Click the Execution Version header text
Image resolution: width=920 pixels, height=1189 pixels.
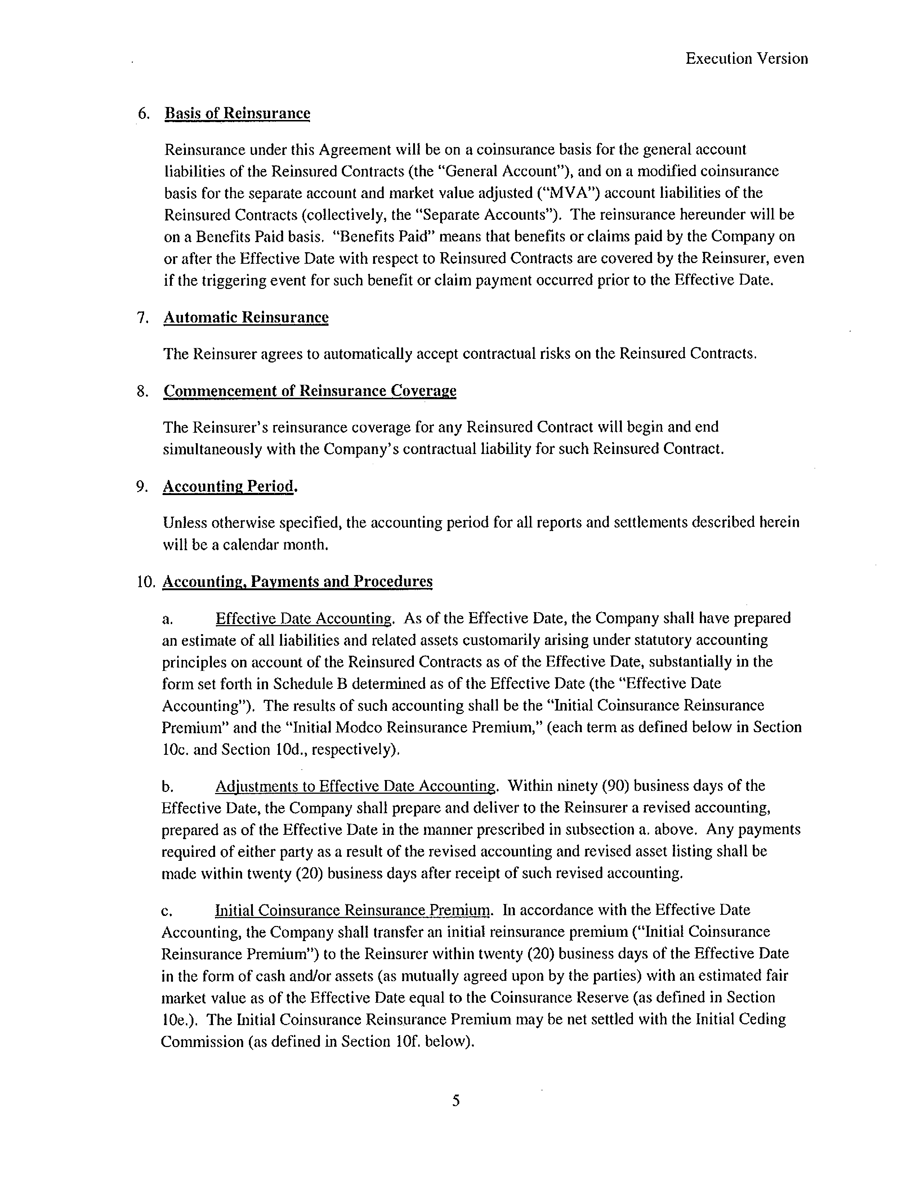(746, 59)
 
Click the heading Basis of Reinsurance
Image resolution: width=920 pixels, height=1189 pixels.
(237, 113)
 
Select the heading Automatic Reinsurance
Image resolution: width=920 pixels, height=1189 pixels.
(246, 317)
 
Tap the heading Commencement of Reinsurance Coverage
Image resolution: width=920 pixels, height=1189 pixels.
(309, 391)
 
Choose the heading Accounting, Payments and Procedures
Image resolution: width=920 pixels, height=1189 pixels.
(297, 582)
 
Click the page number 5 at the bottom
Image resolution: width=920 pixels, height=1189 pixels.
(456, 1100)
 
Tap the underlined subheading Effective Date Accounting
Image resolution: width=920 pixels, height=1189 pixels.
(303, 618)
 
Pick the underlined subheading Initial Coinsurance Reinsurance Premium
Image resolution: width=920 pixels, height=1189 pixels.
(352, 910)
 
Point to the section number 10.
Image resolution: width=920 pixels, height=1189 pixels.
(147, 582)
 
